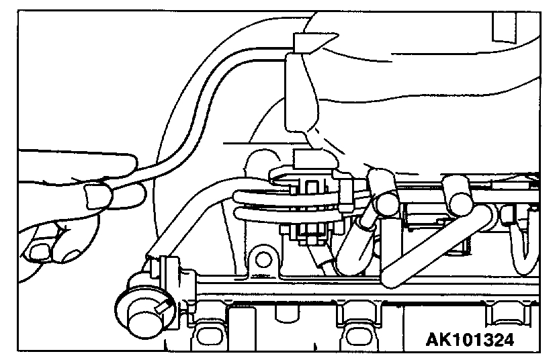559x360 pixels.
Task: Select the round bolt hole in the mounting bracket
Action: point(263,259)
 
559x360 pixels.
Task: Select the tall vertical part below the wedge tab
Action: point(299,94)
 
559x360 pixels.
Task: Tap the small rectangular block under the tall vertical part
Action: point(308,159)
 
